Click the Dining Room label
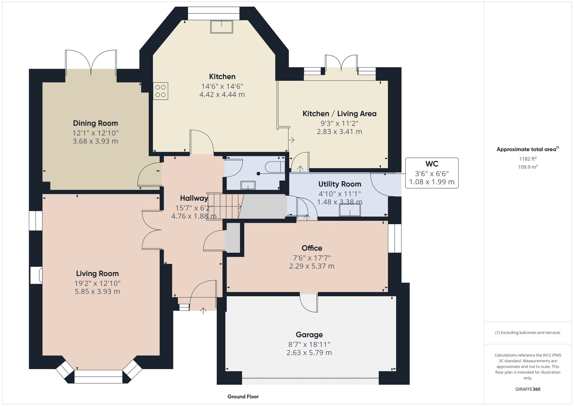[95, 123]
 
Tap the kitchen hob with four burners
[160, 91]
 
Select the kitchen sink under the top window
[222, 27]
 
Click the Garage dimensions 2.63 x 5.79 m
[309, 353]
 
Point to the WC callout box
[432, 173]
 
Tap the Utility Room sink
[350, 210]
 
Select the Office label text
[312, 248]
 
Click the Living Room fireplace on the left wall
[36, 275]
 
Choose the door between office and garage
[309, 303]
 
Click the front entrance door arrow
[203, 310]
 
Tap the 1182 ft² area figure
[528, 159]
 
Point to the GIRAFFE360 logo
[528, 389]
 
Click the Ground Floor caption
[243, 397]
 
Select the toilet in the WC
[274, 167]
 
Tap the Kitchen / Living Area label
[339, 114]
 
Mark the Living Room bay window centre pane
[98, 376]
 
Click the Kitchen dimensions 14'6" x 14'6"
[222, 86]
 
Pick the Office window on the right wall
[395, 238]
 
